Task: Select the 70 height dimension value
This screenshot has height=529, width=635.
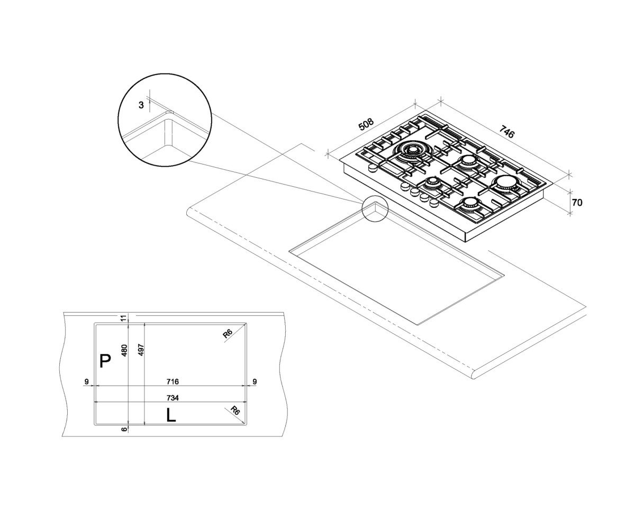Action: (x=577, y=203)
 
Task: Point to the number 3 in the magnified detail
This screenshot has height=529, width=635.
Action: (x=141, y=105)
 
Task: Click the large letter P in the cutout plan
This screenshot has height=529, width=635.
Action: (x=105, y=361)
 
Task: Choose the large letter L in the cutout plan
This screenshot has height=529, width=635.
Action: (x=171, y=415)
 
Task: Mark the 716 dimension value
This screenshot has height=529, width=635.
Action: (x=173, y=381)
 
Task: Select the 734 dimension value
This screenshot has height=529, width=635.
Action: (x=173, y=398)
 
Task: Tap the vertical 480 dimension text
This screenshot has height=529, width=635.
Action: (x=124, y=351)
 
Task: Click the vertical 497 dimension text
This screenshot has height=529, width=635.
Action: (x=141, y=350)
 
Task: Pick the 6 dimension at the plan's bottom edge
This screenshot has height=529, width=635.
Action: (x=124, y=429)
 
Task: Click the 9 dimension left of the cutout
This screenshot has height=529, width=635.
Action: (x=86, y=381)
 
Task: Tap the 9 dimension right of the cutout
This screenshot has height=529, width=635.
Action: (x=255, y=381)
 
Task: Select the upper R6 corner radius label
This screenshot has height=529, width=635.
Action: (x=228, y=334)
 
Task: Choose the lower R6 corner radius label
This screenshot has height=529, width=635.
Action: (x=235, y=410)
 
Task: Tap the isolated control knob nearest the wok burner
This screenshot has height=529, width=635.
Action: (x=371, y=168)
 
